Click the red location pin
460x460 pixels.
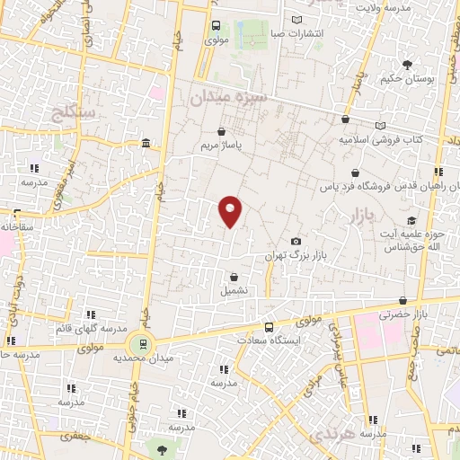[x=231, y=210]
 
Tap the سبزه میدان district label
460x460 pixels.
[x=227, y=95]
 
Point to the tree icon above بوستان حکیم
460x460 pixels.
[x=407, y=65]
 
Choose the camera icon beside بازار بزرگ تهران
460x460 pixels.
[x=296, y=242]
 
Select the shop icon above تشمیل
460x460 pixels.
[x=234, y=278]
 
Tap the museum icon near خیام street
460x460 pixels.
[x=146, y=144]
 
